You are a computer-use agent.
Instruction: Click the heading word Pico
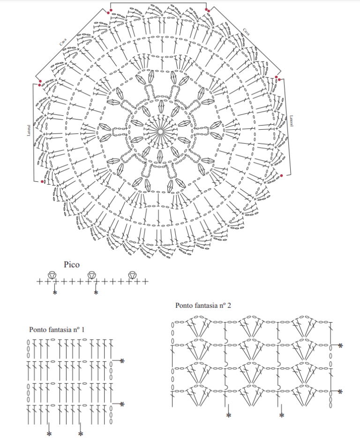tap(72, 265)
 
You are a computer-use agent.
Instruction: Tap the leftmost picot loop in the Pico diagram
tap(52, 275)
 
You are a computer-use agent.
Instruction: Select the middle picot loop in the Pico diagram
tap(91, 275)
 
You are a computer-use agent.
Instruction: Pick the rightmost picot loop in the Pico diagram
tap(132, 275)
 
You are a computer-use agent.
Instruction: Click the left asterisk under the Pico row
tap(55, 293)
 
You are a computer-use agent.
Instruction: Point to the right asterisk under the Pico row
tap(96, 293)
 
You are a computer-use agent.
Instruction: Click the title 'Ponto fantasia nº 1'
tap(57, 330)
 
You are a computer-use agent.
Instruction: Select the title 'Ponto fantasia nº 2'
tap(203, 305)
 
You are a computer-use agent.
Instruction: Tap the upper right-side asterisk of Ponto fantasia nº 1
tap(122, 361)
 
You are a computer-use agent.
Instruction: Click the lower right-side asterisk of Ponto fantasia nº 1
tap(122, 404)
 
